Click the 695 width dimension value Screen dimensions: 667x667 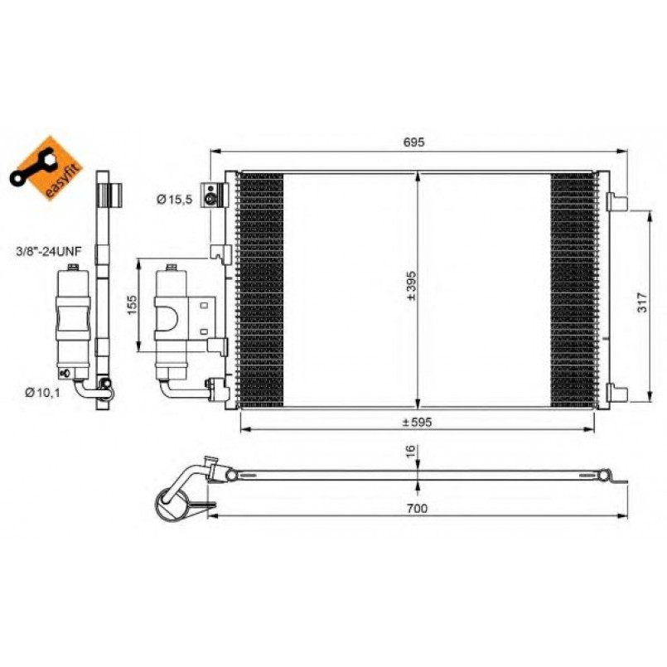(413, 142)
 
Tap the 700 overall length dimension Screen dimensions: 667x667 (417, 509)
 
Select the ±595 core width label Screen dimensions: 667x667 (417, 422)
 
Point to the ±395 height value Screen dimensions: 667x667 (411, 286)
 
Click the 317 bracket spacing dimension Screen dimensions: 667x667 (642, 302)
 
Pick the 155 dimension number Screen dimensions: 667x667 (132, 305)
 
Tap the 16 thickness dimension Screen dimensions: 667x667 (409, 452)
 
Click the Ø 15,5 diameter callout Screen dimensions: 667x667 (174, 199)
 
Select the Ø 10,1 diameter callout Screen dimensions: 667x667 (42, 393)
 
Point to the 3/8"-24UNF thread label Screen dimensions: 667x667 (49, 251)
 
